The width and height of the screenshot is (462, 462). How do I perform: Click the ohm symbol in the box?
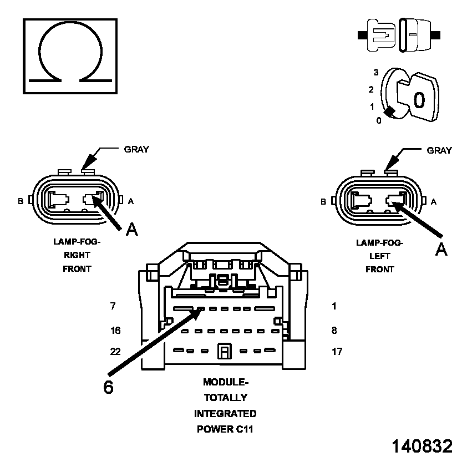pyautogui.click(x=70, y=55)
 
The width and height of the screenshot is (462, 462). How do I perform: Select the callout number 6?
pyautogui.click(x=108, y=387)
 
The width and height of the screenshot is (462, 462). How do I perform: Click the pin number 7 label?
pyautogui.click(x=113, y=306)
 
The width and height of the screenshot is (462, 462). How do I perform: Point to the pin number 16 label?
pyautogui.click(x=115, y=331)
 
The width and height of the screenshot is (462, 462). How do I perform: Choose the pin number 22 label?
pyautogui.click(x=115, y=351)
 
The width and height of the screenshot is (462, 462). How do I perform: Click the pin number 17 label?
pyautogui.click(x=337, y=351)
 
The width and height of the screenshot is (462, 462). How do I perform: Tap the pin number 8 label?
pyautogui.click(x=334, y=331)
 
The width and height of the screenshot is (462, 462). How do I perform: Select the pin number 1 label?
pyautogui.click(x=334, y=306)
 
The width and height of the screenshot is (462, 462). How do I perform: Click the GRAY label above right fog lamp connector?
pyautogui.click(x=136, y=150)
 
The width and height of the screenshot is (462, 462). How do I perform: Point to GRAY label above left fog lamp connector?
pyautogui.click(x=439, y=150)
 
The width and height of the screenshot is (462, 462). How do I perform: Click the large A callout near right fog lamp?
pyautogui.click(x=131, y=229)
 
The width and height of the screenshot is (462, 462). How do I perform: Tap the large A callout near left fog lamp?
pyautogui.click(x=441, y=250)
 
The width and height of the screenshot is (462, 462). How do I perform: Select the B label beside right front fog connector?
pyautogui.click(x=21, y=201)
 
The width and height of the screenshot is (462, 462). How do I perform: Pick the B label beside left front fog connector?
pyautogui.click(x=323, y=202)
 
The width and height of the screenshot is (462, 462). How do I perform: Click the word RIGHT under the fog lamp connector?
pyautogui.click(x=77, y=255)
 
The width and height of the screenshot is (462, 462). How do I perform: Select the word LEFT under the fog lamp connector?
pyautogui.click(x=379, y=256)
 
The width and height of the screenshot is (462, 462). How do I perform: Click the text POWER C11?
pyautogui.click(x=225, y=429)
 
